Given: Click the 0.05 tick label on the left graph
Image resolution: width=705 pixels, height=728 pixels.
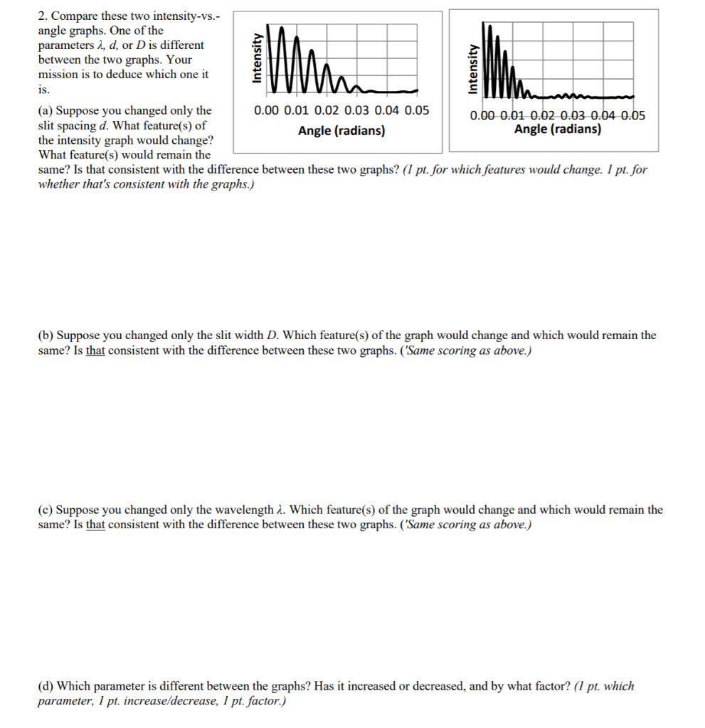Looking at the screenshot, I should pyautogui.click(x=417, y=110).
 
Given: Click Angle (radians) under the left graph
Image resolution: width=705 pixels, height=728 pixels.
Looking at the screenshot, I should pyautogui.click(x=341, y=131).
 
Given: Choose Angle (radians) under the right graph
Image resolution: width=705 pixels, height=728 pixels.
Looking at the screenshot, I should pyautogui.click(x=557, y=129).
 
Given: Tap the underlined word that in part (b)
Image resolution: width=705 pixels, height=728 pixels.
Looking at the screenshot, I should pyautogui.click(x=95, y=350).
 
